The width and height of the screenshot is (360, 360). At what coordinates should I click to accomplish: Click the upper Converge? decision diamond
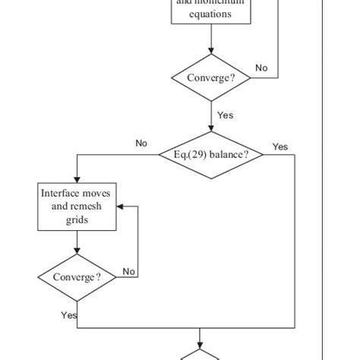[x=210, y=77]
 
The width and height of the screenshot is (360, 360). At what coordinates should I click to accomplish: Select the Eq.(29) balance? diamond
[x=210, y=154]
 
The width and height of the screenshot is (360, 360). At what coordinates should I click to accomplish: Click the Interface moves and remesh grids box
[x=76, y=206]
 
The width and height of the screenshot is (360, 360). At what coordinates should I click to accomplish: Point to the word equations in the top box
[x=210, y=14]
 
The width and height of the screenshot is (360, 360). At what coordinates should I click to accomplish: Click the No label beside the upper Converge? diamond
[x=261, y=68]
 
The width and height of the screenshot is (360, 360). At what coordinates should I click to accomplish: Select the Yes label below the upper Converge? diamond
[x=226, y=115]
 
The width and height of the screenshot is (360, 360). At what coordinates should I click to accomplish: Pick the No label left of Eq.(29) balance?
[x=141, y=143]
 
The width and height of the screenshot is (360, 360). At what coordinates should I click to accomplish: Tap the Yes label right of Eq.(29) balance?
[x=280, y=147]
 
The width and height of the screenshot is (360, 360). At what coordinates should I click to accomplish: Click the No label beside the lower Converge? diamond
[x=129, y=271]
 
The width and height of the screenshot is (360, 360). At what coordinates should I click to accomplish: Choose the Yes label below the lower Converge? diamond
[x=69, y=314]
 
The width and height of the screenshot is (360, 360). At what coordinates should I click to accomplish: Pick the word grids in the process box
[x=76, y=220]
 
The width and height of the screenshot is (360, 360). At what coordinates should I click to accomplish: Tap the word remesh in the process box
[x=85, y=207]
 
